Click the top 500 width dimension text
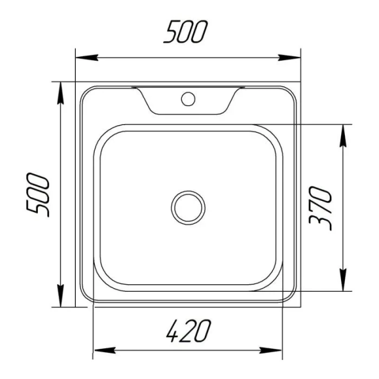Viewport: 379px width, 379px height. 185,32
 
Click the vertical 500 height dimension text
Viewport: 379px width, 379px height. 38,195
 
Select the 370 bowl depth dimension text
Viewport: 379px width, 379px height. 321,208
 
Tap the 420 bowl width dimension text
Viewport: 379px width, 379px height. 189,331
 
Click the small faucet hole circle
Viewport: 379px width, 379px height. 188,99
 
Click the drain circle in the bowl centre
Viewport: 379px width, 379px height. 188,207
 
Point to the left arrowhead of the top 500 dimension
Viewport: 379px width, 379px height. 87,58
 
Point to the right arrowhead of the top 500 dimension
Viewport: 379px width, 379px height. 289,58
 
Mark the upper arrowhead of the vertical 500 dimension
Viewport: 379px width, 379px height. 61,93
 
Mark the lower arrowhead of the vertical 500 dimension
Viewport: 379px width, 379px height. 61,296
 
